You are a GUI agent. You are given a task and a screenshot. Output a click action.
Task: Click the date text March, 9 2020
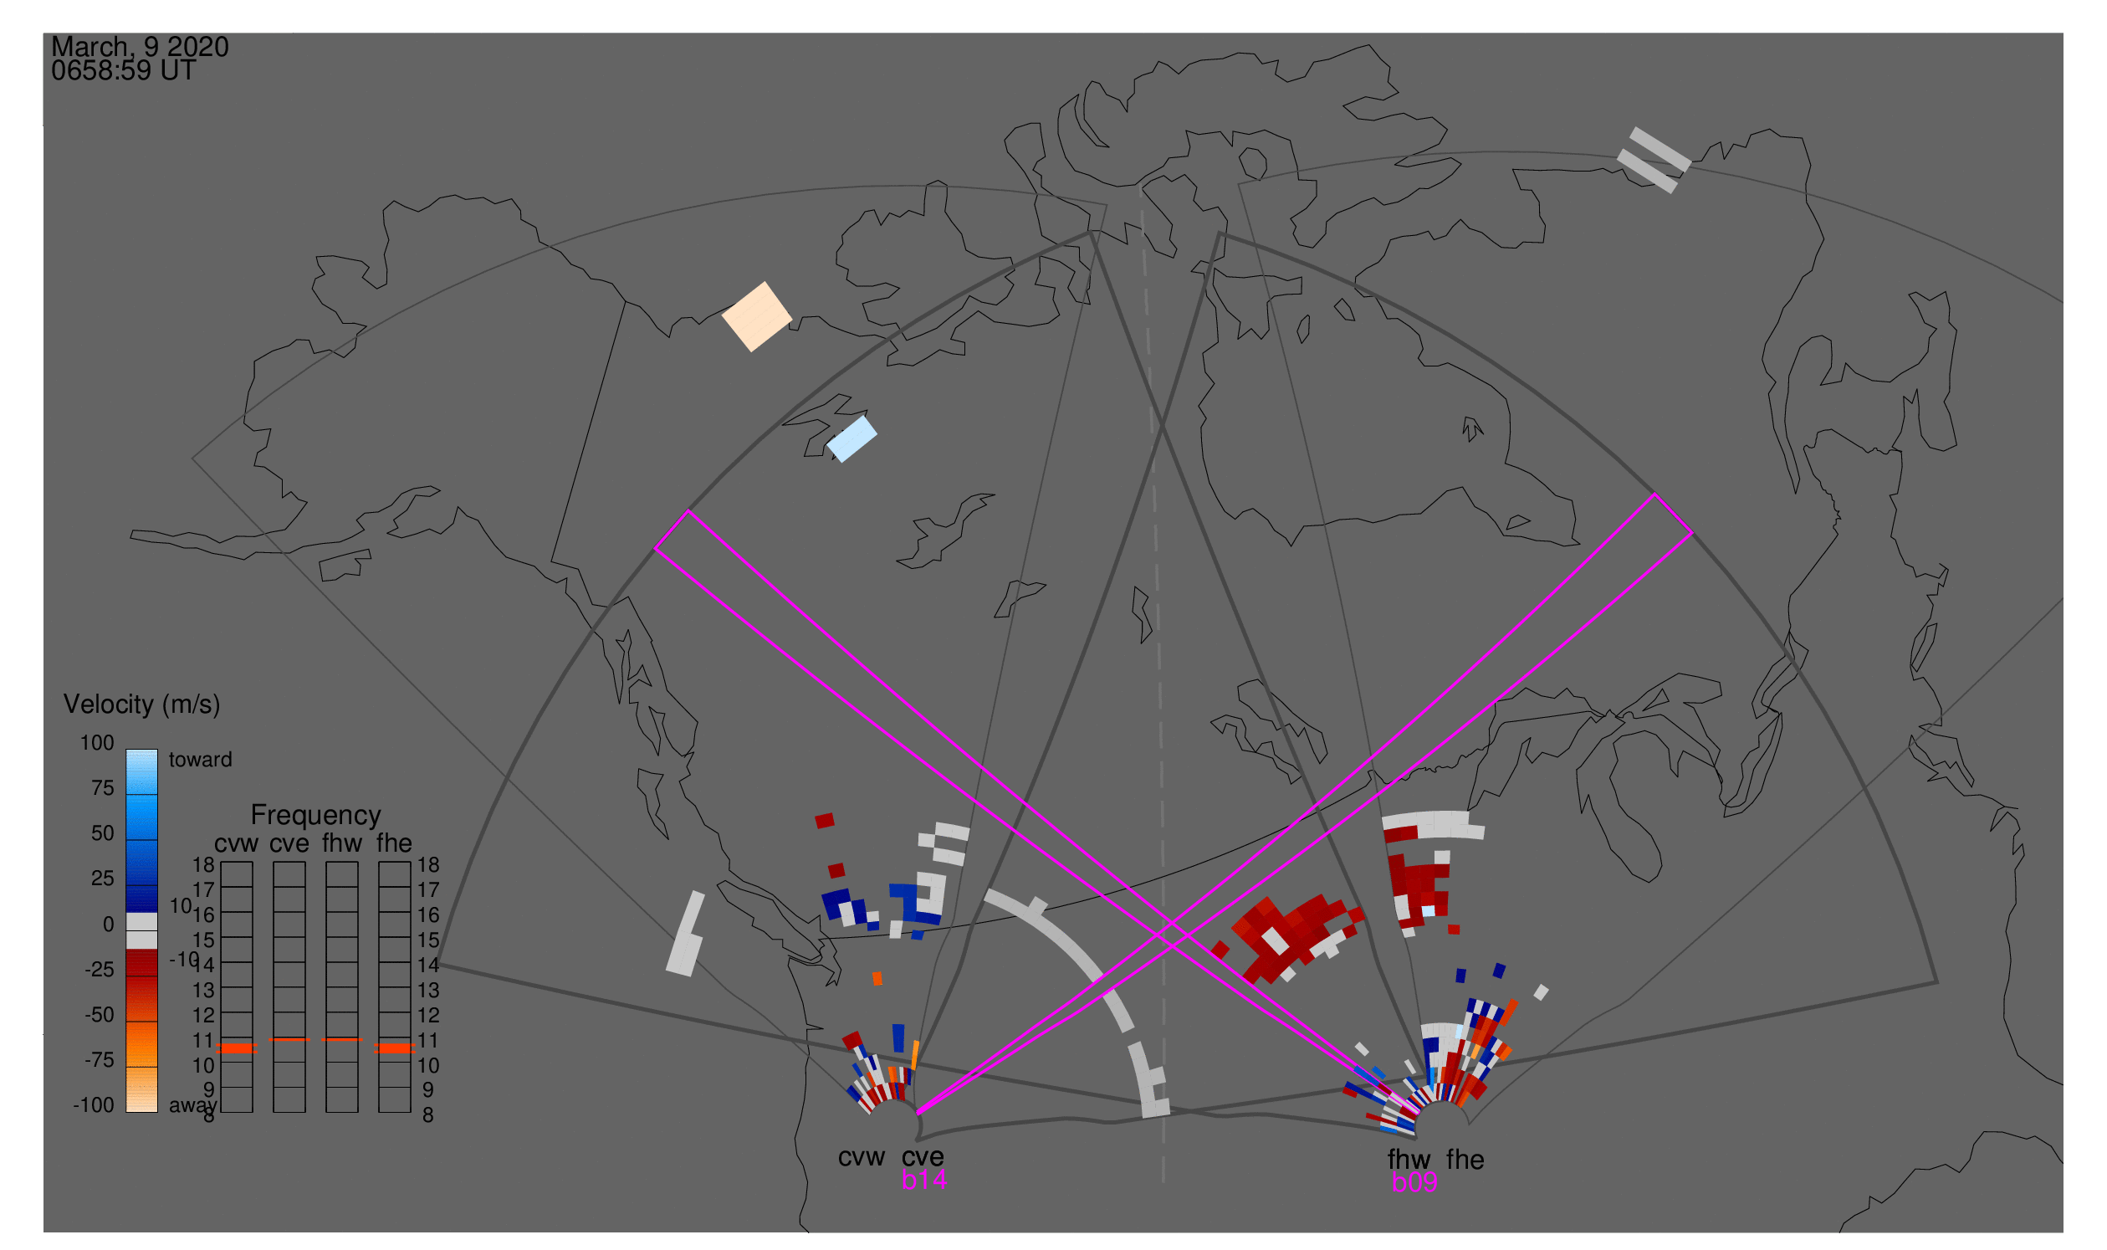point(140,47)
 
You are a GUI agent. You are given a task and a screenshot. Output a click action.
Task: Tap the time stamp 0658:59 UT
point(123,71)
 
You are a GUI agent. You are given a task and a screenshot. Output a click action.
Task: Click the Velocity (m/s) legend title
point(141,704)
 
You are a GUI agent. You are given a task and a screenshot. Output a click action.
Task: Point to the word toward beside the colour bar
point(200,760)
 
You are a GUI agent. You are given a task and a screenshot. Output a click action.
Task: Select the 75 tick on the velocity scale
point(102,788)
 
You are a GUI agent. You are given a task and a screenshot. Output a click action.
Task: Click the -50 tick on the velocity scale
point(100,1015)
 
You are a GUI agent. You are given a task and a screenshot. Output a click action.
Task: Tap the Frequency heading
point(316,816)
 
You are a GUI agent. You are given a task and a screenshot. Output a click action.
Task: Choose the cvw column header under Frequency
point(236,843)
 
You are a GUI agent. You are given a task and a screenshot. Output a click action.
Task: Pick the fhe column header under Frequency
point(394,843)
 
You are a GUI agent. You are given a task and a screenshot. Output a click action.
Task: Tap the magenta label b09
point(1414,1182)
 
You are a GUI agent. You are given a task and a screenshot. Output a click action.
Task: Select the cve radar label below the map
point(923,1157)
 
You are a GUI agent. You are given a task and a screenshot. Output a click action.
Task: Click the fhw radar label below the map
point(1409,1160)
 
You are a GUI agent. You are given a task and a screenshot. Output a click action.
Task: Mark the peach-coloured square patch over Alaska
point(757,316)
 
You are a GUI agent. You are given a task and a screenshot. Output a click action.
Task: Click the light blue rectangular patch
point(852,439)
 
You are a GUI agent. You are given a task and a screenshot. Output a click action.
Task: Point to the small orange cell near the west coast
point(877,978)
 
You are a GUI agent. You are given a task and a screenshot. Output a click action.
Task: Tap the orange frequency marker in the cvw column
point(237,1048)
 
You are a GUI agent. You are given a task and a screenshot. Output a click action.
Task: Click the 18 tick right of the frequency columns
point(427,865)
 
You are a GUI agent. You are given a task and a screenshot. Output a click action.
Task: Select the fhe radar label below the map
point(1465,1160)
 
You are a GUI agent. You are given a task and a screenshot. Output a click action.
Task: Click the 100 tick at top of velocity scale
point(97,743)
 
